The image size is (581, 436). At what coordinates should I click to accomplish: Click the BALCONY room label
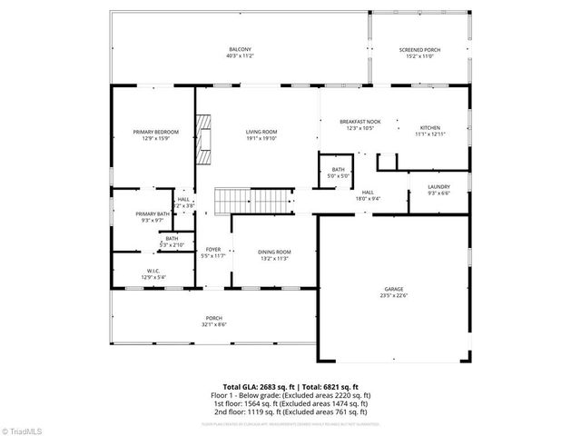coord(240,49)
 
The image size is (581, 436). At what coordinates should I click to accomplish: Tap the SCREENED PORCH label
coord(419,49)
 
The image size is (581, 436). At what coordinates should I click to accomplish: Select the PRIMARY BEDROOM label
coord(155,132)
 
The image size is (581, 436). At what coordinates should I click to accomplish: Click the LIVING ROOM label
coord(261,132)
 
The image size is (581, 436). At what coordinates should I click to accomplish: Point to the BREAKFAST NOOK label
coord(359,122)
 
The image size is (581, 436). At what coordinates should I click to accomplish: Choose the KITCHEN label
coord(429,127)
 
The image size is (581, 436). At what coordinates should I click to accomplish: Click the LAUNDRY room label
coord(438,187)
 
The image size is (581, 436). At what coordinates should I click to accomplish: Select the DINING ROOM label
coord(274,252)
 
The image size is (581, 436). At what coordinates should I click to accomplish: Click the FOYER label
coord(212,250)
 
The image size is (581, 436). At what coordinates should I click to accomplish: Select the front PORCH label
coord(213,318)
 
